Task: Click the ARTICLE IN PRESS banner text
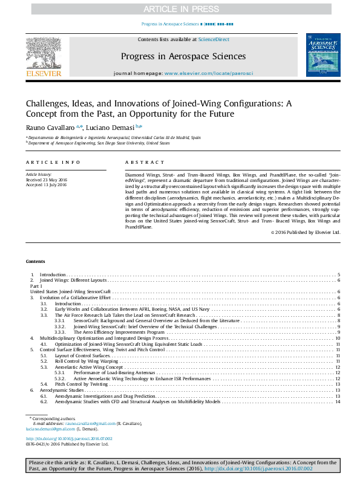[180, 9]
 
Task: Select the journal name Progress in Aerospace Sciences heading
[183, 56]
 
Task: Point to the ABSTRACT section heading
[145, 163]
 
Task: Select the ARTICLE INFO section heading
[53, 163]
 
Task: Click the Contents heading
[35, 261]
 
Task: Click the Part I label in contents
[36, 286]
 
